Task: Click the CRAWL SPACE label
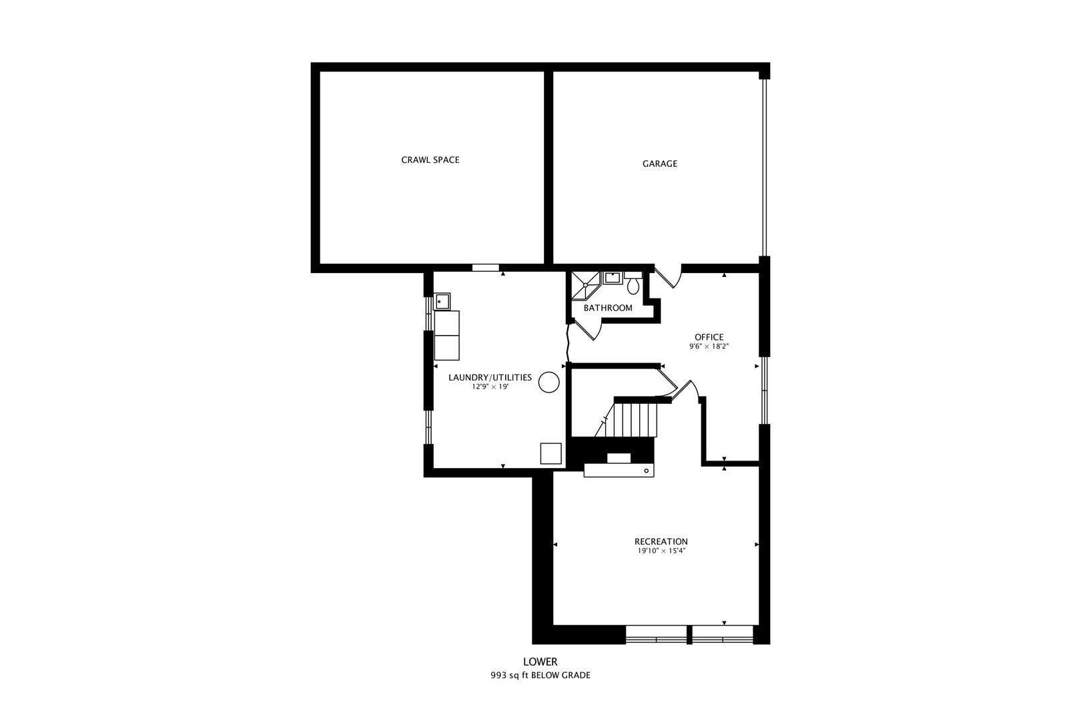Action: pos(430,160)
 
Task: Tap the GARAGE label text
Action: pos(659,164)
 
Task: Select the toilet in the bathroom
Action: pos(633,285)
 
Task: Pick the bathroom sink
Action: pos(612,277)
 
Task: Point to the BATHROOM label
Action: pos(608,308)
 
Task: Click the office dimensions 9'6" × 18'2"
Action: pos(709,347)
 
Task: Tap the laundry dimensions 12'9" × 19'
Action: pos(490,387)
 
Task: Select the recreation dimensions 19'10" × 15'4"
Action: pos(661,551)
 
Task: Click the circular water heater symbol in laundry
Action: pos(549,383)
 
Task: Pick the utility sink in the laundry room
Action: pos(442,302)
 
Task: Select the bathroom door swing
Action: pos(587,328)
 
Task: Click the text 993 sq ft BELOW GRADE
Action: pos(540,676)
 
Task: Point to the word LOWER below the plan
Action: pos(540,662)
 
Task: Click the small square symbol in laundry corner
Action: pos(551,453)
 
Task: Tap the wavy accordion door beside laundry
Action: pos(568,342)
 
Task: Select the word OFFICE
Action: pos(709,337)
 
